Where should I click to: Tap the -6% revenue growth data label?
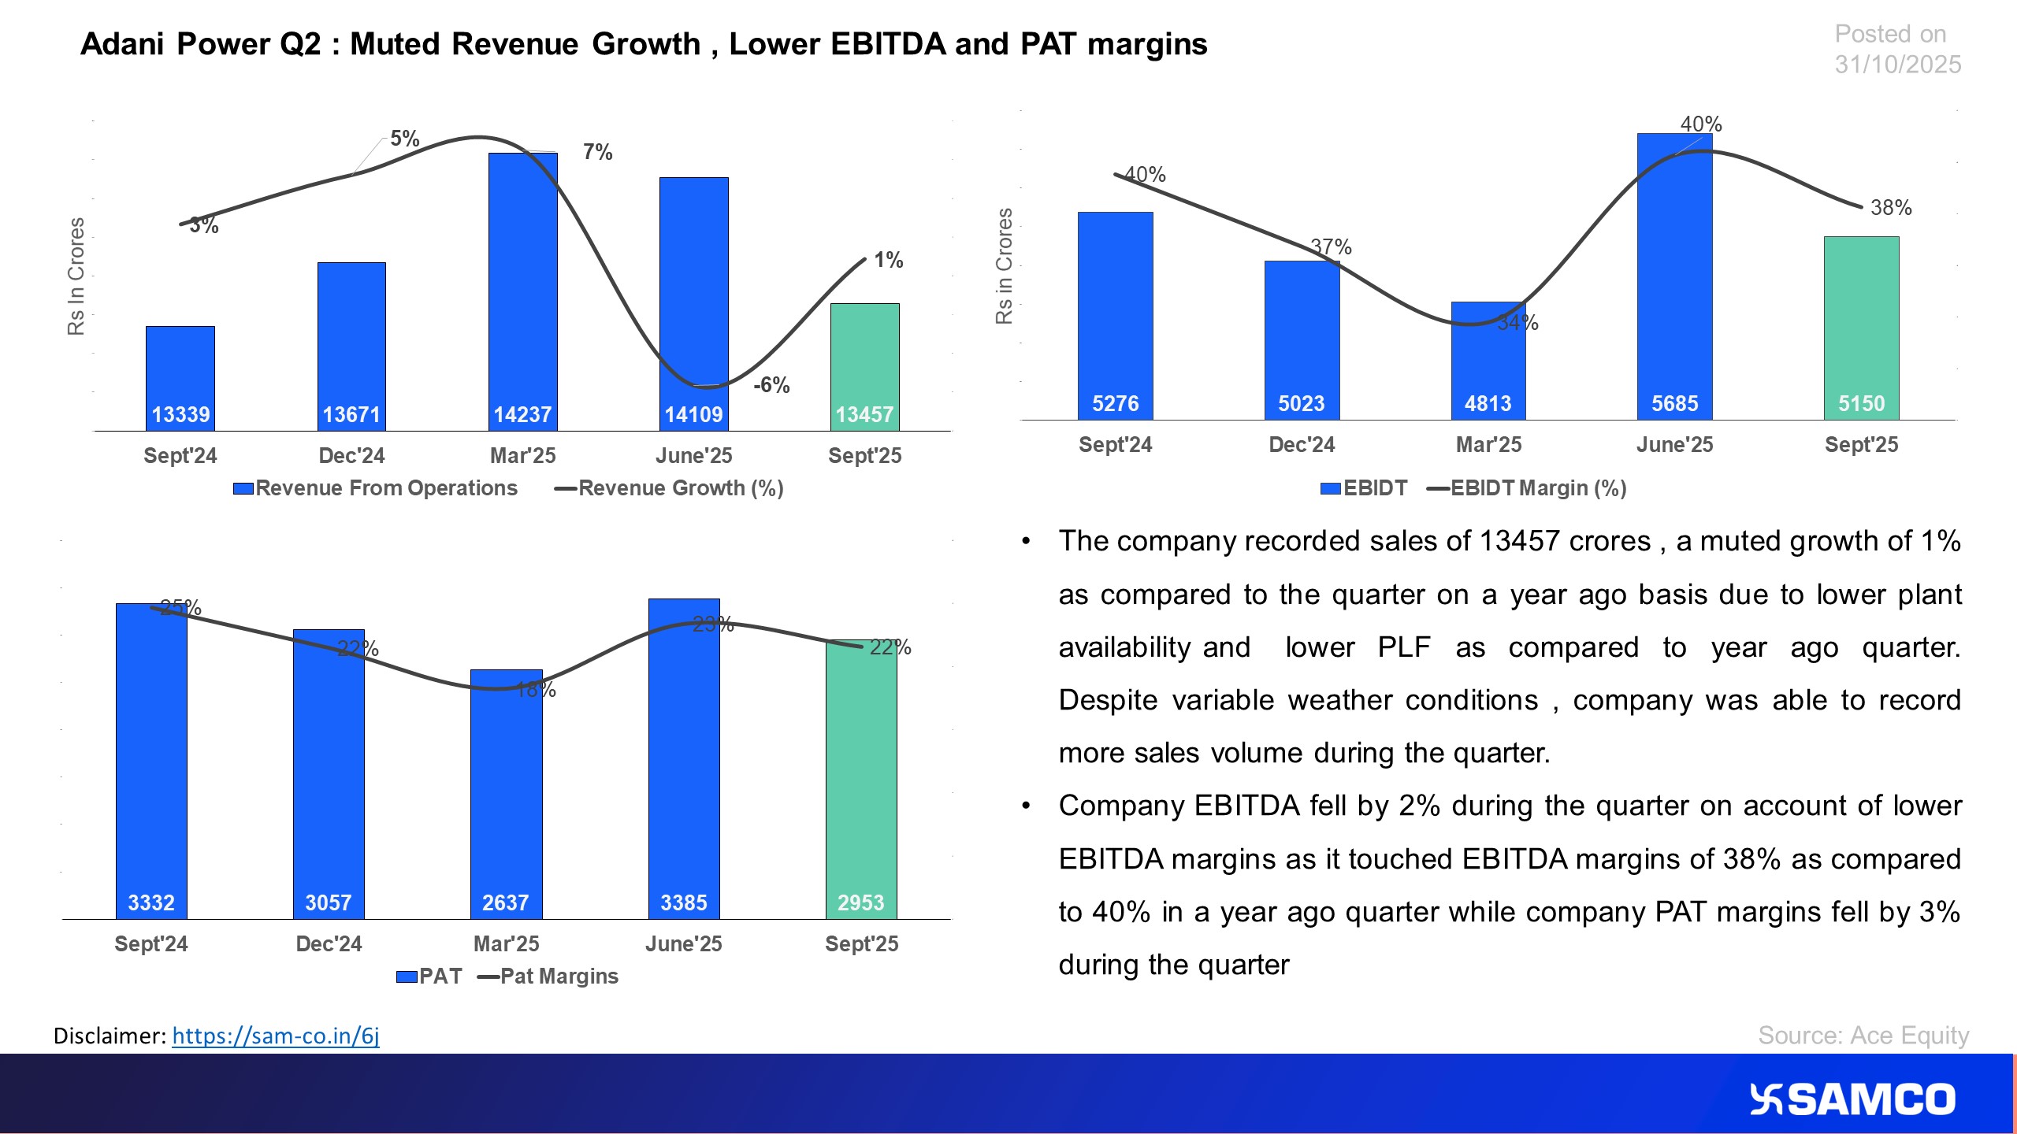pyautogui.click(x=771, y=385)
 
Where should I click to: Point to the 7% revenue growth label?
pyautogui.click(x=597, y=152)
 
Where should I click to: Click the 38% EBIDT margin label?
pyautogui.click(x=1891, y=208)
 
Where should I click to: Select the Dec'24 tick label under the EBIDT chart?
pyautogui.click(x=1302, y=445)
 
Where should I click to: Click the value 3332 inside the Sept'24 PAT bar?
pyautogui.click(x=151, y=902)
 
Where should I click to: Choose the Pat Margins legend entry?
pyautogui.click(x=558, y=976)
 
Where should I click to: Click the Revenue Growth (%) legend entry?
pyautogui.click(x=679, y=488)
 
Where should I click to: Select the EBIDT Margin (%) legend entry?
pyautogui.click(x=1537, y=488)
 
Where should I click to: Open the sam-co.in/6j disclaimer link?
pyautogui.click(x=276, y=1036)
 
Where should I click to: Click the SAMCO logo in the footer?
pyautogui.click(x=1852, y=1100)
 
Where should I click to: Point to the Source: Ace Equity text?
pyautogui.click(x=1863, y=1035)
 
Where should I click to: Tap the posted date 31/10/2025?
pyautogui.click(x=1897, y=65)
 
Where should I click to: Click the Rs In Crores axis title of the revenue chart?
pyautogui.click(x=76, y=276)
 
